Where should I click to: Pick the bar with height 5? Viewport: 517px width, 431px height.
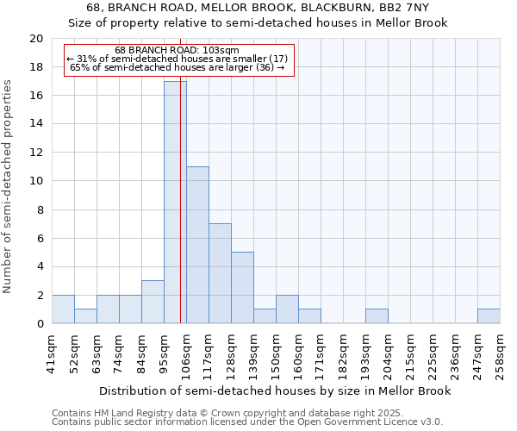(242, 288)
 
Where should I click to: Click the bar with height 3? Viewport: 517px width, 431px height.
(153, 302)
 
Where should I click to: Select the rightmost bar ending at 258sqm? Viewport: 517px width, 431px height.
(489, 316)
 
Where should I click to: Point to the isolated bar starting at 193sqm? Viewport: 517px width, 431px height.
(377, 316)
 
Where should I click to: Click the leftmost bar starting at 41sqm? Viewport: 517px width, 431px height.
(63, 309)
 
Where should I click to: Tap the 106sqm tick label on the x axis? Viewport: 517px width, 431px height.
(187, 353)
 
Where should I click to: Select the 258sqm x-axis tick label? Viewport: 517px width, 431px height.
(501, 353)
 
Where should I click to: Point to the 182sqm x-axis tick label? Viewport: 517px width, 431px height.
(344, 353)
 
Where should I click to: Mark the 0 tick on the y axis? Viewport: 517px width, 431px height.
(39, 324)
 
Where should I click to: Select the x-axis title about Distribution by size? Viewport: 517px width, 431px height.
(275, 390)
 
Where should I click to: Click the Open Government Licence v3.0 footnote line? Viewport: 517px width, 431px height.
(247, 422)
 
